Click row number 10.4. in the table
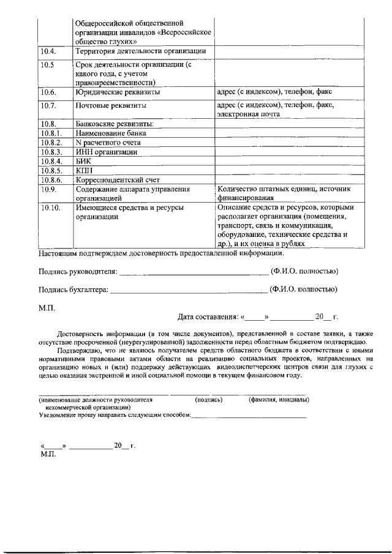(x=49, y=51)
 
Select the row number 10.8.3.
(x=51, y=152)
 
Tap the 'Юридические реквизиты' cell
(x=118, y=92)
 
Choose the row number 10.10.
(x=51, y=208)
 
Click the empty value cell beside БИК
(x=289, y=161)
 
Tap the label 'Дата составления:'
(x=208, y=317)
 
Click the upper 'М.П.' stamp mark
(x=47, y=307)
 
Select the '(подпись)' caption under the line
(x=208, y=400)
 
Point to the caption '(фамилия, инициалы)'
(x=279, y=400)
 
